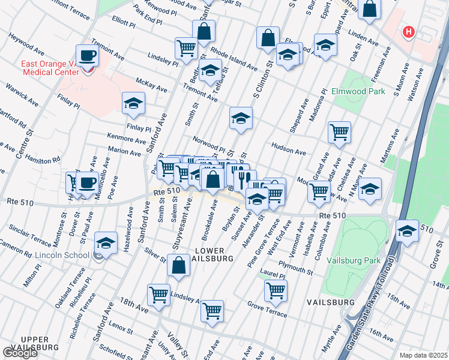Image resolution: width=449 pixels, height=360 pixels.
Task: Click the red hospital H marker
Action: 409,32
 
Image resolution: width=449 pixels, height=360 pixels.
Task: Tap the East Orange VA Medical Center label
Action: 42,68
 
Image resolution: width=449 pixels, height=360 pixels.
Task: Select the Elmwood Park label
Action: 358,92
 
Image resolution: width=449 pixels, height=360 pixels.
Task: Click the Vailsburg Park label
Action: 354,260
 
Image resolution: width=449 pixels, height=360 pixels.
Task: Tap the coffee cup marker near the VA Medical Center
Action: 88,56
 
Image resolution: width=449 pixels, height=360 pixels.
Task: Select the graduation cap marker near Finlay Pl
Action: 133,103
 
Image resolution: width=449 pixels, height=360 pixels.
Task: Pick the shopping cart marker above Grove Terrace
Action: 276,290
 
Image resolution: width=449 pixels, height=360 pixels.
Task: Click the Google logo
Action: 19,353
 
